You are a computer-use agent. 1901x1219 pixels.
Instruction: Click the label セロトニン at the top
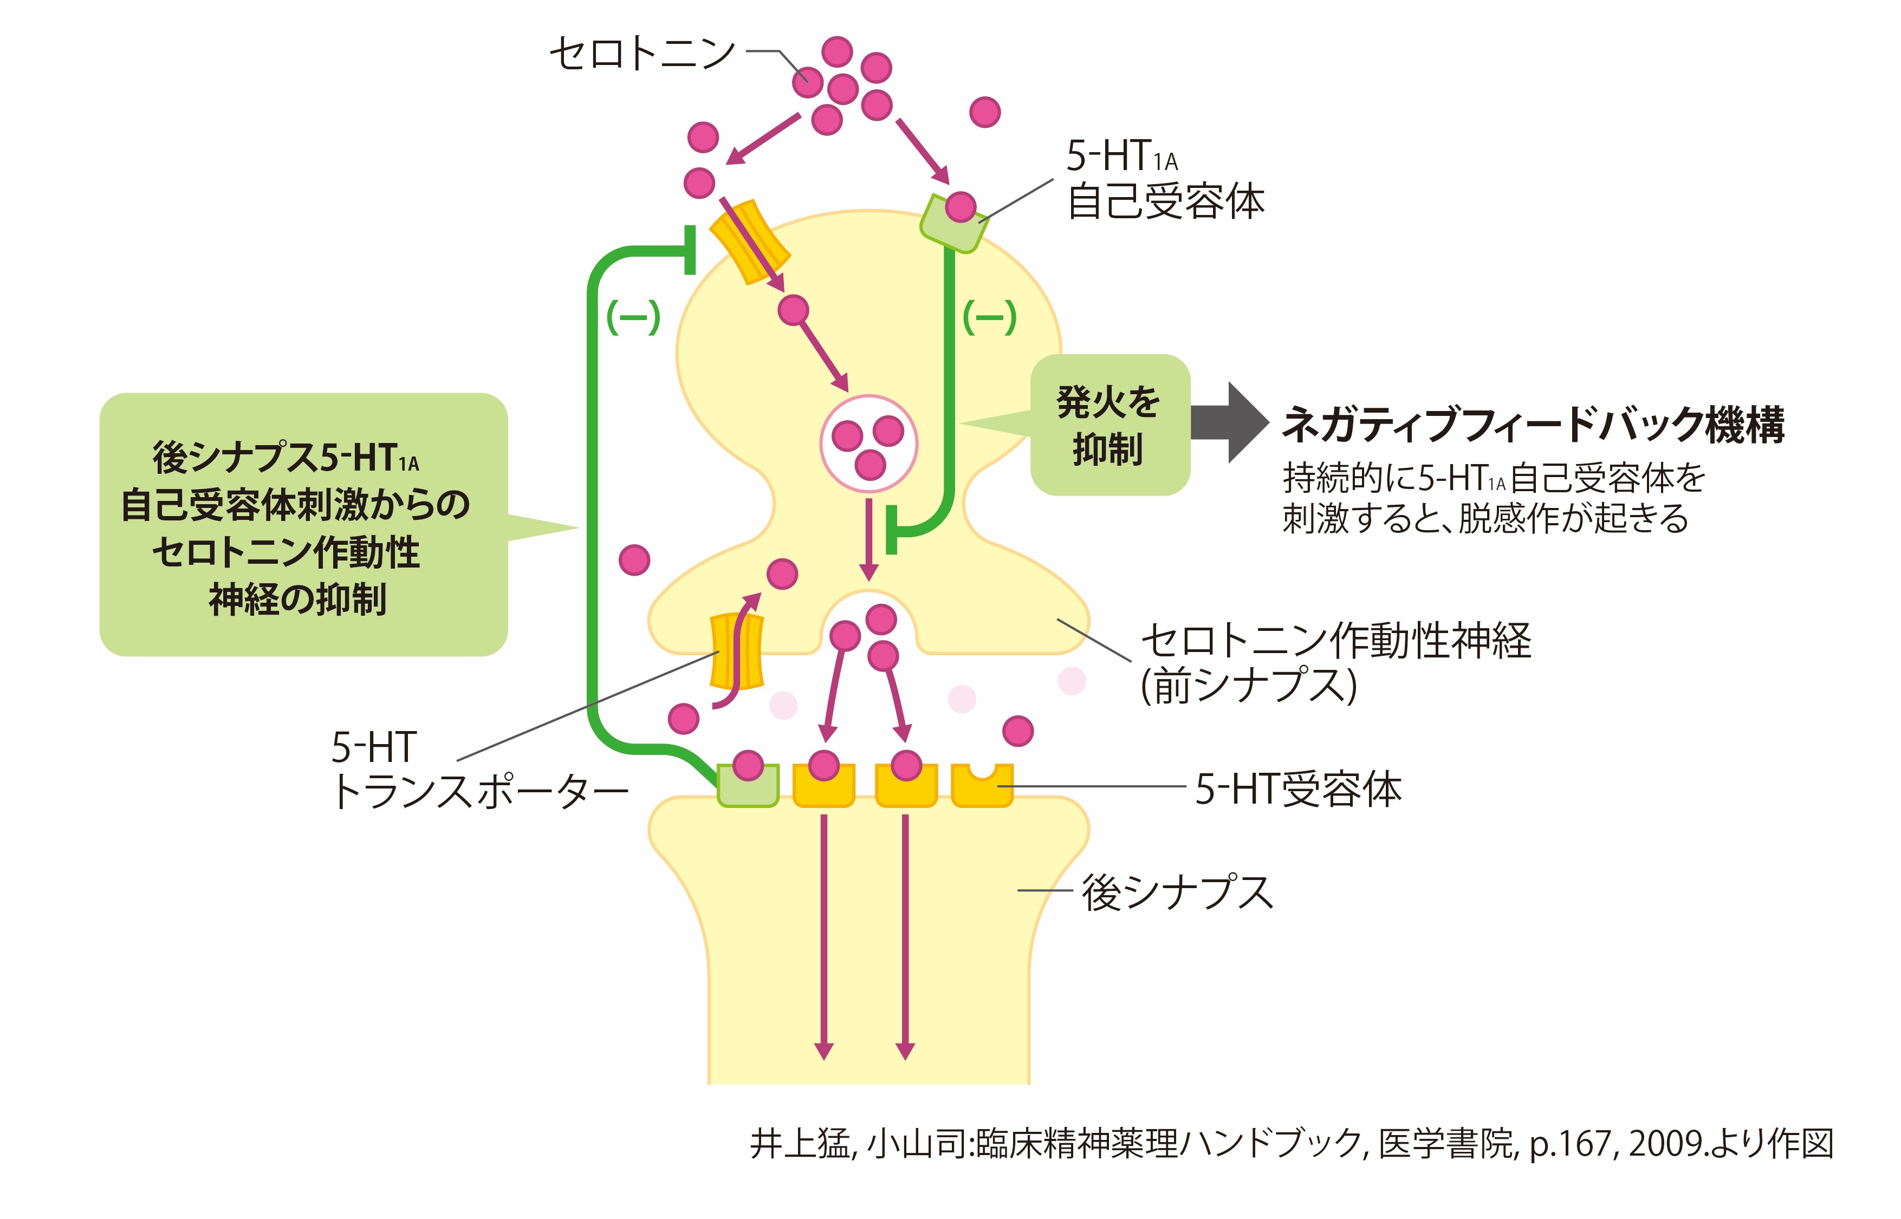pos(642,54)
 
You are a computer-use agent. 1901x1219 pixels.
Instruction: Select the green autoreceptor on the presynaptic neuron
pos(950,224)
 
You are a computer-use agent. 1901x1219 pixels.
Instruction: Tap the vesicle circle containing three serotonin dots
pos(868,444)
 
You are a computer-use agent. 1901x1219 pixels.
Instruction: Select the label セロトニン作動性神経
pos(1335,641)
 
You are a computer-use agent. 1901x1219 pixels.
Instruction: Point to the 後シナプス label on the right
pos(1177,892)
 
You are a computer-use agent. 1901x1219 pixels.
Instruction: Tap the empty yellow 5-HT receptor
pos(982,786)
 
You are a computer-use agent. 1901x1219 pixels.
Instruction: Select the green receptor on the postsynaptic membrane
pos(748,786)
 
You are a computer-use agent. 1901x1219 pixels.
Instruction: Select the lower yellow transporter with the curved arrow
pos(736,651)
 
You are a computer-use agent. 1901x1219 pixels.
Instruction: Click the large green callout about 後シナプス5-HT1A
pos(303,525)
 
